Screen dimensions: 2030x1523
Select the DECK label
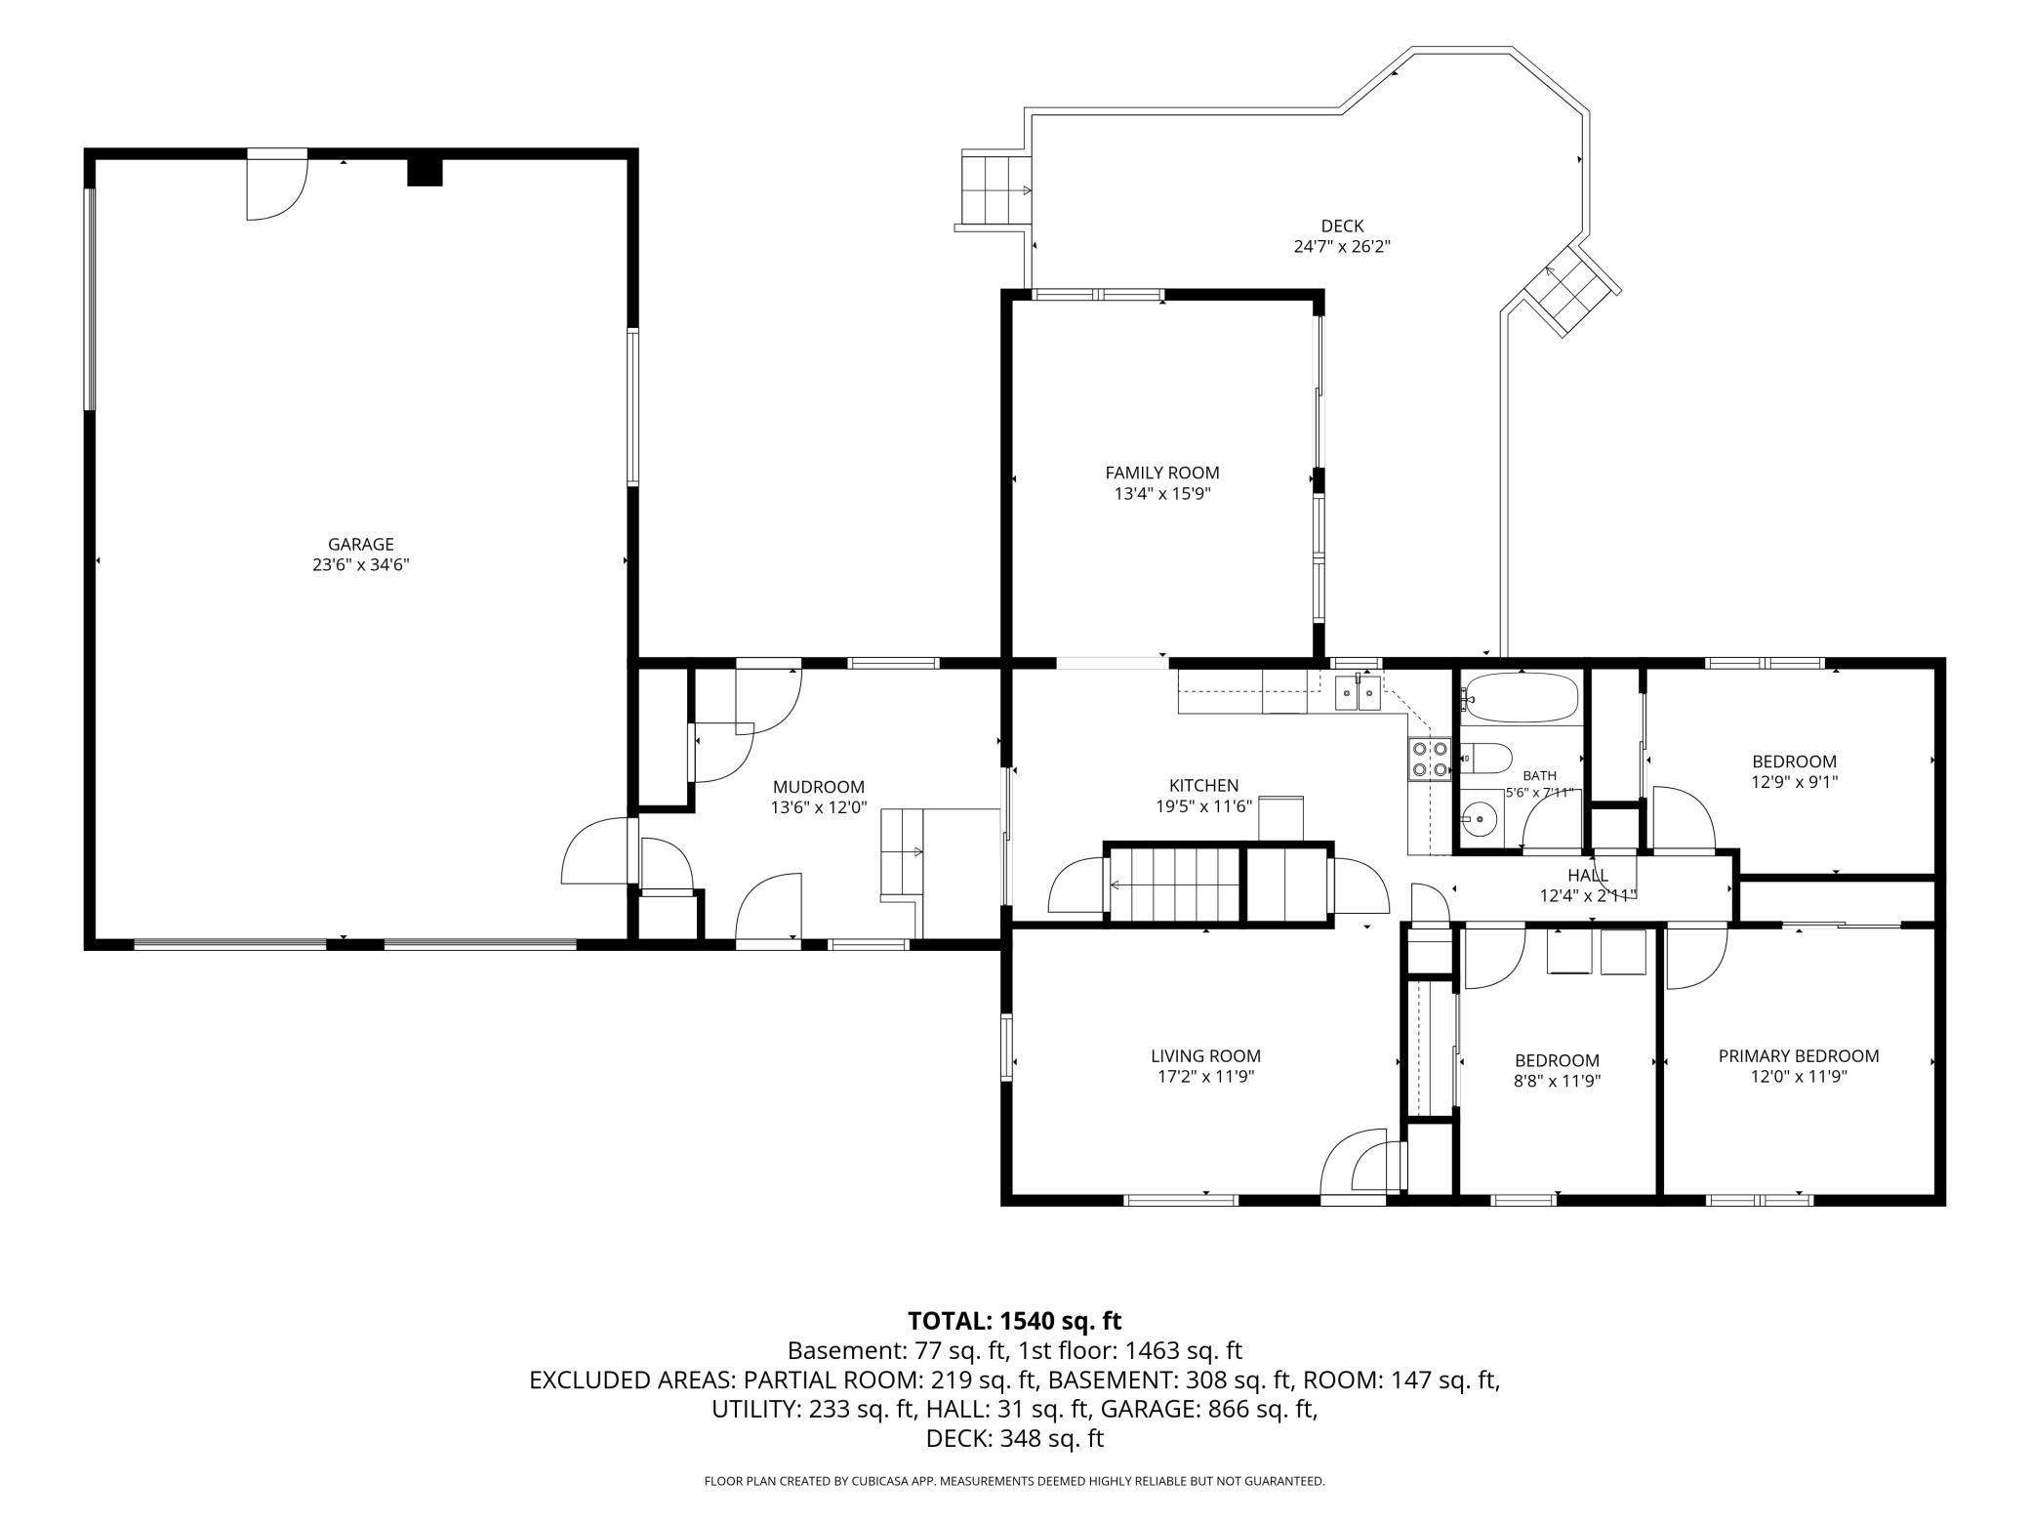tap(1342, 226)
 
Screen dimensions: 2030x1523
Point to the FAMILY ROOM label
tap(1161, 473)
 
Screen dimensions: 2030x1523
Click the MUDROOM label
tap(819, 787)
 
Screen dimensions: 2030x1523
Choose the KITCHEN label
tap(1203, 785)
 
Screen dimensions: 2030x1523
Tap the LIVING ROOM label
tap(1205, 1055)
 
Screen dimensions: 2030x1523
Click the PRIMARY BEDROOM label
tap(1799, 1055)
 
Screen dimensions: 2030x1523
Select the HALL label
tap(1588, 875)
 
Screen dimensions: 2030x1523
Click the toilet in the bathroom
tap(1485, 757)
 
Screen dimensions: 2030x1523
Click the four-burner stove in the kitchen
tap(1429, 759)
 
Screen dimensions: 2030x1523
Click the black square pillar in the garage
tap(425, 172)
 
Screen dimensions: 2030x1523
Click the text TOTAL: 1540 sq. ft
tap(1014, 1321)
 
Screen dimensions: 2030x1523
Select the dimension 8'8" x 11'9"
tap(1557, 1081)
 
